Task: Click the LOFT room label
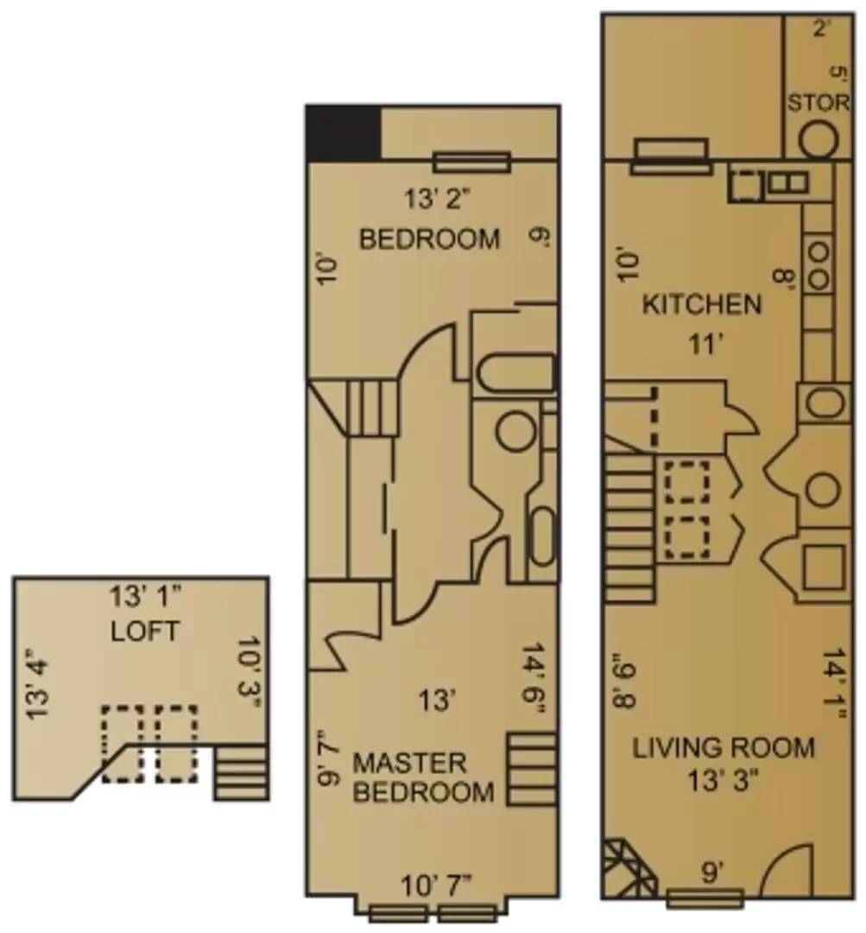(x=145, y=632)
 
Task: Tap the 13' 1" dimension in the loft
(x=145, y=597)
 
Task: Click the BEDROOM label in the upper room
(x=429, y=238)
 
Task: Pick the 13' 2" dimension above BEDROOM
(x=436, y=200)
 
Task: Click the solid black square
(x=344, y=133)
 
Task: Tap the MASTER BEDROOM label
(x=423, y=777)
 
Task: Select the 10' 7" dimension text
(x=437, y=885)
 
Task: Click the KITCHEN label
(x=701, y=304)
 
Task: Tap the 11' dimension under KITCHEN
(x=704, y=345)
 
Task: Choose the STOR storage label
(x=818, y=103)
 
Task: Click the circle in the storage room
(x=817, y=139)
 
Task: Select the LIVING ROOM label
(x=724, y=747)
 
